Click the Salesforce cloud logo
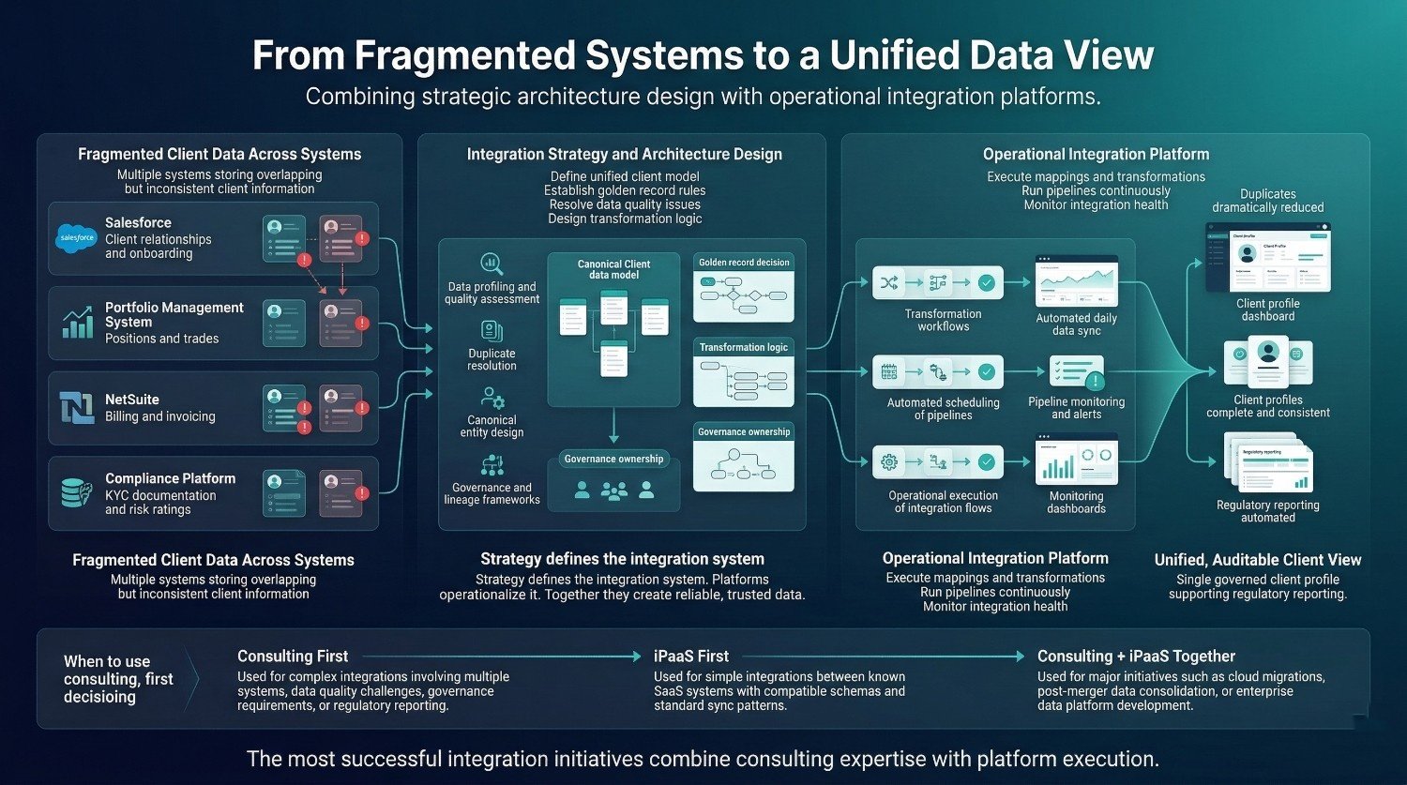[77, 238]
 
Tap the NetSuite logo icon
[77, 408]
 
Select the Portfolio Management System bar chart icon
[77, 322]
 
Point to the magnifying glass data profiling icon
[492, 263]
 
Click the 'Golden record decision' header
[744, 263]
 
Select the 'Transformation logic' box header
[744, 347]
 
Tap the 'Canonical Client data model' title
[613, 270]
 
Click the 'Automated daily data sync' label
[1076, 325]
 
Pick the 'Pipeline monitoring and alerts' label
[1076, 408]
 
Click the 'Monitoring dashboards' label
[1076, 503]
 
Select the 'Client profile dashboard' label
[1267, 310]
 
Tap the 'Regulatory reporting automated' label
[1267, 511]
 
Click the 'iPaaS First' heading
[691, 657]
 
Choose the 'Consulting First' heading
[293, 657]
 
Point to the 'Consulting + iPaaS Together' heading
[1136, 657]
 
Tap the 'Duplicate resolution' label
[492, 359]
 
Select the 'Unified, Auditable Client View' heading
[1257, 560]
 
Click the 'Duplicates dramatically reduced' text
[1267, 201]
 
